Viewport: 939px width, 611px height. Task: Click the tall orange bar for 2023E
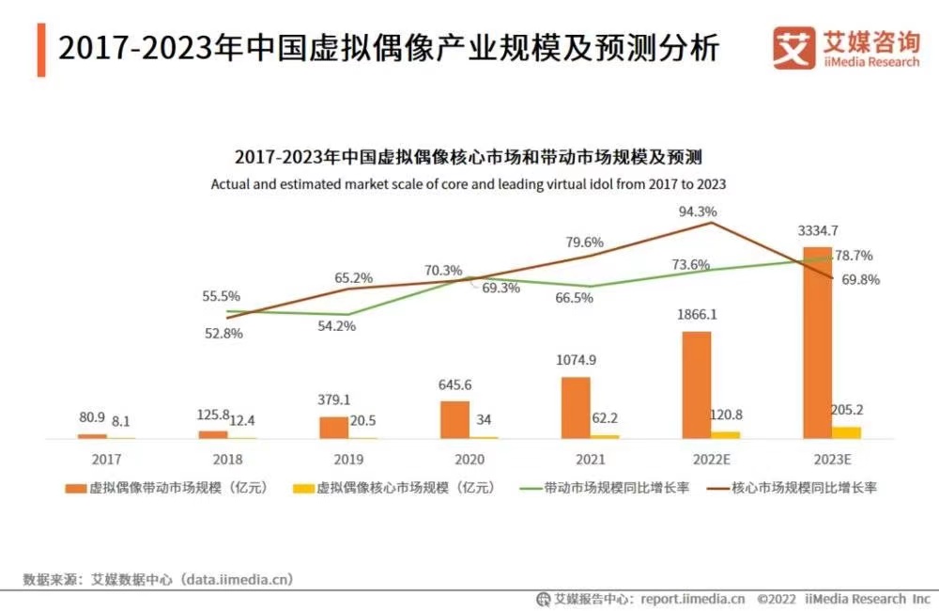pos(817,343)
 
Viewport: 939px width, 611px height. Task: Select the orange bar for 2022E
pos(696,384)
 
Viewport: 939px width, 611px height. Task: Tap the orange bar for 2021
pos(576,407)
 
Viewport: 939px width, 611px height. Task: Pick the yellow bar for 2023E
pos(846,432)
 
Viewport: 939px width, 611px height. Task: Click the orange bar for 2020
pos(454,419)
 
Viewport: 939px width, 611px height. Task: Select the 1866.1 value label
pos(696,315)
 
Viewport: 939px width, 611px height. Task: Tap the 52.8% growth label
pos(223,333)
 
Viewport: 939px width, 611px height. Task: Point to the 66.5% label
pos(574,298)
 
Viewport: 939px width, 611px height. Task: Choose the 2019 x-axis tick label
pos(348,460)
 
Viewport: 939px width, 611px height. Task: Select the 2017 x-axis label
pos(106,460)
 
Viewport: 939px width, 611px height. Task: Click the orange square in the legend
pos(74,488)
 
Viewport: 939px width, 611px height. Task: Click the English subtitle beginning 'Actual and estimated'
pos(468,184)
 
